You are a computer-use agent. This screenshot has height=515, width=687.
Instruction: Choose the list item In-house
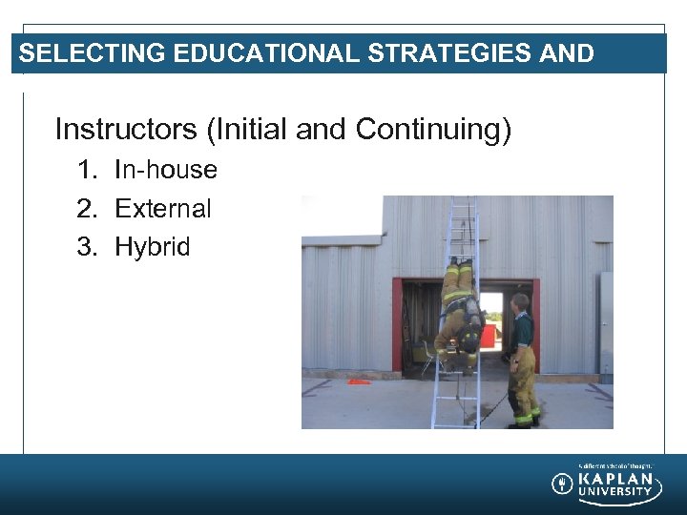point(166,170)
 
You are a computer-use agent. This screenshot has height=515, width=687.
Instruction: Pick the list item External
point(163,208)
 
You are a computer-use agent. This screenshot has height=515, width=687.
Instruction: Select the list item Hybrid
point(153,246)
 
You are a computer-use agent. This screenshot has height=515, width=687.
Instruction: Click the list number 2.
point(87,208)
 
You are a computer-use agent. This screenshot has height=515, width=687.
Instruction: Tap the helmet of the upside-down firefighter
point(468,340)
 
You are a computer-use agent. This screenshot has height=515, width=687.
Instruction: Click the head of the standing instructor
point(520,303)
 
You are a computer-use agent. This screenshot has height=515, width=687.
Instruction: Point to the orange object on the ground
point(359,381)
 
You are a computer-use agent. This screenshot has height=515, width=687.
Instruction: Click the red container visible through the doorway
point(489,335)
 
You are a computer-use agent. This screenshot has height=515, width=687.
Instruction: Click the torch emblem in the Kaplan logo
point(562,484)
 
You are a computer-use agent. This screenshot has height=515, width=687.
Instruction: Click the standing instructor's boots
point(524,421)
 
